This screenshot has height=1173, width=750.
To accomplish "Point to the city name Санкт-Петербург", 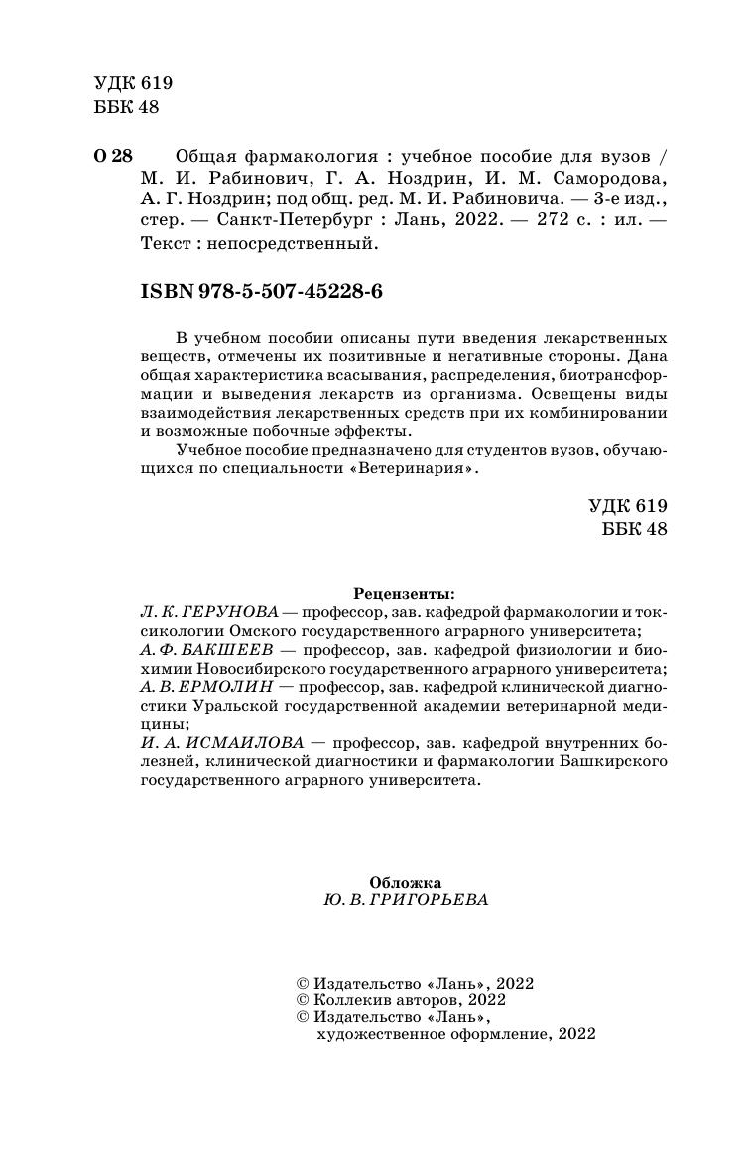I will point(289,221).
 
